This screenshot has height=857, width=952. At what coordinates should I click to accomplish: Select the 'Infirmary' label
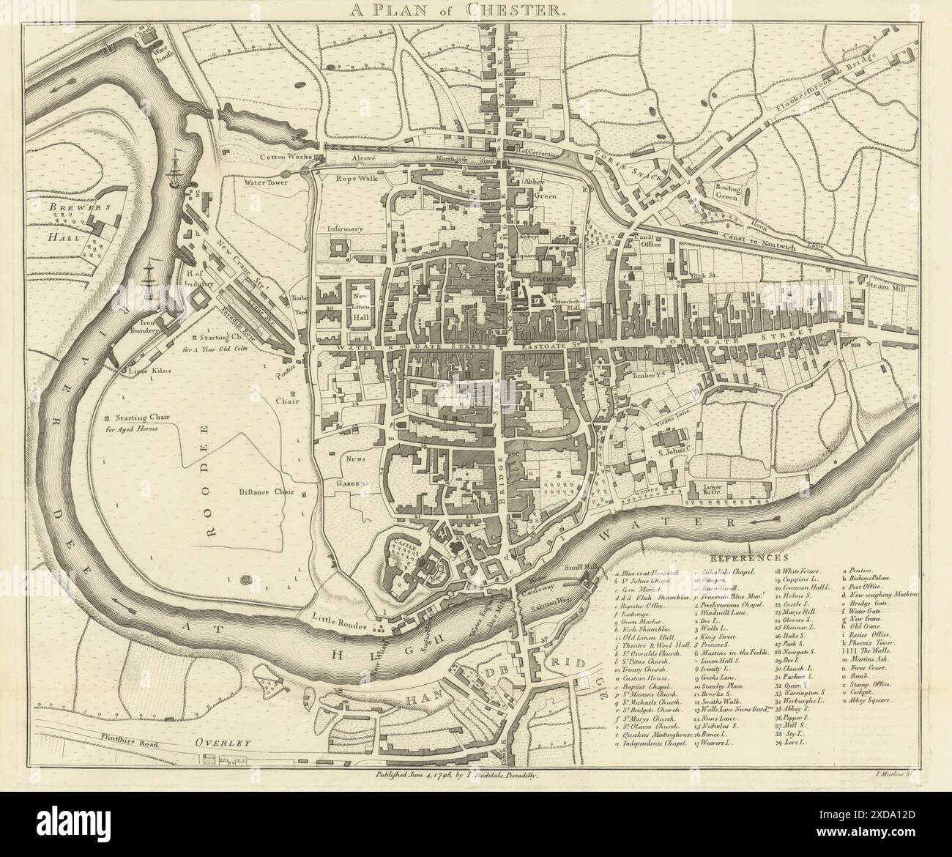click(346, 229)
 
